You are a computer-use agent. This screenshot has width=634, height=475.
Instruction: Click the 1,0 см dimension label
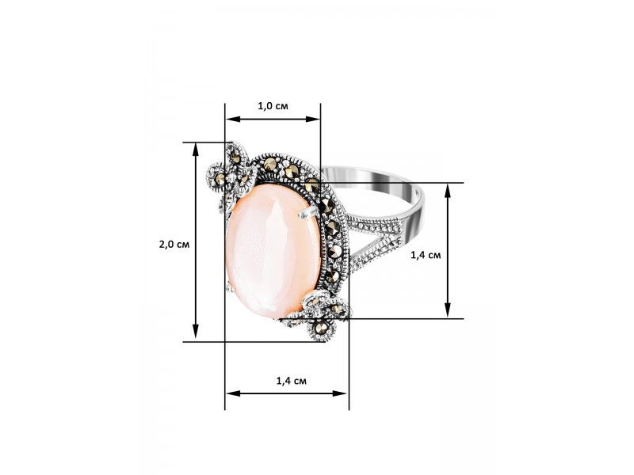click(x=273, y=106)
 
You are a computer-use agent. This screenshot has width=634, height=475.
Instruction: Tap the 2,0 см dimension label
click(x=174, y=245)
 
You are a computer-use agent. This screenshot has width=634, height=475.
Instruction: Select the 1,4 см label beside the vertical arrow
click(x=426, y=255)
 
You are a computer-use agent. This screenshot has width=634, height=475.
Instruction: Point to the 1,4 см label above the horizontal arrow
click(x=291, y=381)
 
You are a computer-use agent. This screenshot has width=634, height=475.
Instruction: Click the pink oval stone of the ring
click(x=273, y=250)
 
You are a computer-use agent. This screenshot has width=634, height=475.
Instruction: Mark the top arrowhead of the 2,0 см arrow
click(x=196, y=150)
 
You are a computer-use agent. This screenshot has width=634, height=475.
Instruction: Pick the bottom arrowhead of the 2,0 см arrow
click(x=196, y=331)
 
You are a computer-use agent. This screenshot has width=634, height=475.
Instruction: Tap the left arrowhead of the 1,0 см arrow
click(x=233, y=120)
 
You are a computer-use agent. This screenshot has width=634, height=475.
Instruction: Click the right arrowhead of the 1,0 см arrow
click(x=312, y=120)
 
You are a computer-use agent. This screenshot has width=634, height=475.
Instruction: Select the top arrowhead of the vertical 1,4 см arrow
click(x=448, y=191)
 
